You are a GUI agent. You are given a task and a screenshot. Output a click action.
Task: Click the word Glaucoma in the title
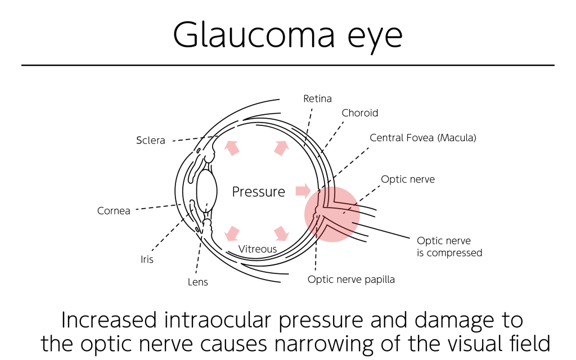[254, 34]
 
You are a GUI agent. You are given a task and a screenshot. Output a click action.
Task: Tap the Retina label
[317, 98]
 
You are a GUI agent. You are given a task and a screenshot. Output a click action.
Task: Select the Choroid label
[359, 112]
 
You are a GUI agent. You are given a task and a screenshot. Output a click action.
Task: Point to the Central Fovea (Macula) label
[423, 138]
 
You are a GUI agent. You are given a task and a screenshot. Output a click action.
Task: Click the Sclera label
[151, 140]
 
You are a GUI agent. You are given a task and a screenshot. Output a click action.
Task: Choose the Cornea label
[114, 211]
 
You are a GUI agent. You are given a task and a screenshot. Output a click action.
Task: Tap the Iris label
[147, 259]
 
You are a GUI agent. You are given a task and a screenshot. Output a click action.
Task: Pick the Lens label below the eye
[197, 282]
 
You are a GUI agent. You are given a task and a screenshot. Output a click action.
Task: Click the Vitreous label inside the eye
[258, 249]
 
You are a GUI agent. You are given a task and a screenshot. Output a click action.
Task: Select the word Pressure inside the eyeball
[259, 192]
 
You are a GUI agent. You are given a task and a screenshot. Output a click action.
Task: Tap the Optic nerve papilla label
[351, 280]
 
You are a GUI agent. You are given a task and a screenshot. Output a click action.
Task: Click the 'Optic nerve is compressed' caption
[449, 246]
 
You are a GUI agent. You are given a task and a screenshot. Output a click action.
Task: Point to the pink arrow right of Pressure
[303, 191]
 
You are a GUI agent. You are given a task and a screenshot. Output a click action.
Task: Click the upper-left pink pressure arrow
[232, 148]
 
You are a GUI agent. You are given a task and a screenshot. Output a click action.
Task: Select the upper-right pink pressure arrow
[281, 148]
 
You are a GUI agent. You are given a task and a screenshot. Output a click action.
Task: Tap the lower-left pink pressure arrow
[232, 233]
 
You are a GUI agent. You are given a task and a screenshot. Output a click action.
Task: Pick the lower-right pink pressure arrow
[281, 233]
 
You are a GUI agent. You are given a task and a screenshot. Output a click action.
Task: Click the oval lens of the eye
[207, 191]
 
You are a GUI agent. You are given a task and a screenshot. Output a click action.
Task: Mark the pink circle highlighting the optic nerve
[332, 214]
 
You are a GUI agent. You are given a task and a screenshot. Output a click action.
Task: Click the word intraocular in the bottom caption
[218, 320]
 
